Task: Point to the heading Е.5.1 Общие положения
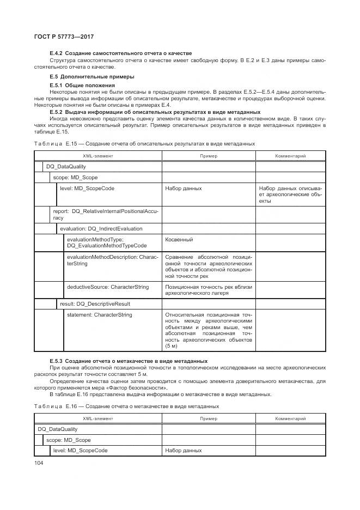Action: coord(82,86)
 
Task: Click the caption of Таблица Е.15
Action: coord(144,144)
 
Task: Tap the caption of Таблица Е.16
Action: coord(126,406)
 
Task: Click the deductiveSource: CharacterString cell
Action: coord(107,287)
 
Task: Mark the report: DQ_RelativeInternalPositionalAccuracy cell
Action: coord(98,214)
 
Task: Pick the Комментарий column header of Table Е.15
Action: coord(290,156)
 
